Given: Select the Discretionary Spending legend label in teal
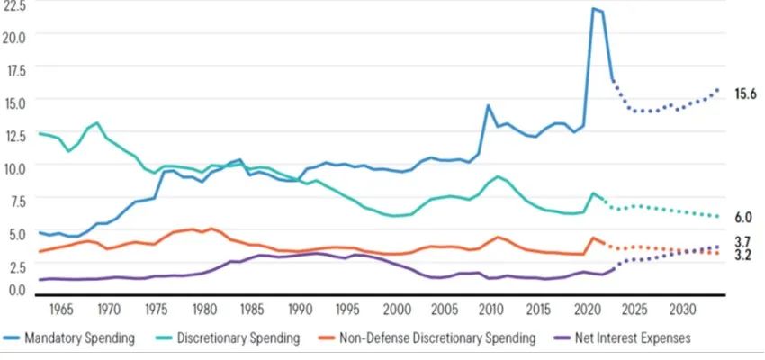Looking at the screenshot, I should coord(238,338).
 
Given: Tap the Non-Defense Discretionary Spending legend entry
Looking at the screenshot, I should coord(437,338).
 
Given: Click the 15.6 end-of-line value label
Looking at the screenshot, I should coord(745,94).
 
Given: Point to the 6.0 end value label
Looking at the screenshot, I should coord(743,217).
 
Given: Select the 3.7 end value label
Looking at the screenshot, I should coord(743,241).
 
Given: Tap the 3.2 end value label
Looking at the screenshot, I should coord(743,256).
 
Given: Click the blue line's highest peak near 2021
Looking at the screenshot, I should coord(594,9).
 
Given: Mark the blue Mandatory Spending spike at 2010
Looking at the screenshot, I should coord(488,105).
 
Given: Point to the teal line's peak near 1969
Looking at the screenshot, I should coord(97,122).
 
